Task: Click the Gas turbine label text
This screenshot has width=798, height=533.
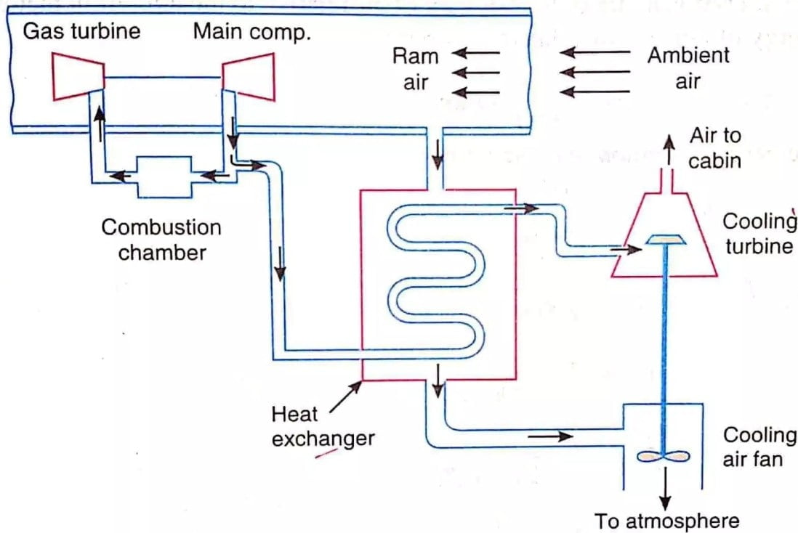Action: [81, 31]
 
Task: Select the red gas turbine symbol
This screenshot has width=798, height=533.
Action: [78, 76]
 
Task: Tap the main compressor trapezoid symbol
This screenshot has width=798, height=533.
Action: [249, 76]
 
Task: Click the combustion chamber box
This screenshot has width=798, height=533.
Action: [165, 176]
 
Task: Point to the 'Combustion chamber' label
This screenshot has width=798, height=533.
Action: [161, 240]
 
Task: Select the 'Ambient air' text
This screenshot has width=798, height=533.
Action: [688, 68]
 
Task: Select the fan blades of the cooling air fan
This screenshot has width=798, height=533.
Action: [662, 457]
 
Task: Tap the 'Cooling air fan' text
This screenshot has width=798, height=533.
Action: [759, 447]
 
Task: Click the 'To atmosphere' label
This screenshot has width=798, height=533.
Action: [666, 521]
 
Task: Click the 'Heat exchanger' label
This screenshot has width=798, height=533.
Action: [323, 426]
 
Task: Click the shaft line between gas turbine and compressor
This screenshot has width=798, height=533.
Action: [163, 77]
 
